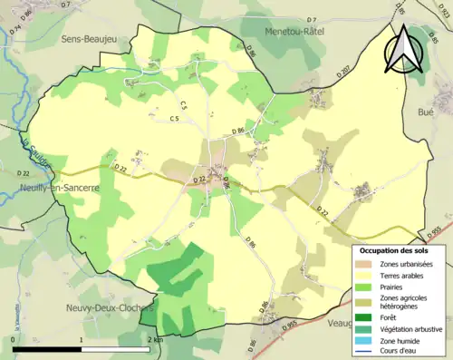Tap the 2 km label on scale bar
pyautogui.click(x=154, y=340)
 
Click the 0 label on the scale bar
pyautogui.click(x=14, y=340)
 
